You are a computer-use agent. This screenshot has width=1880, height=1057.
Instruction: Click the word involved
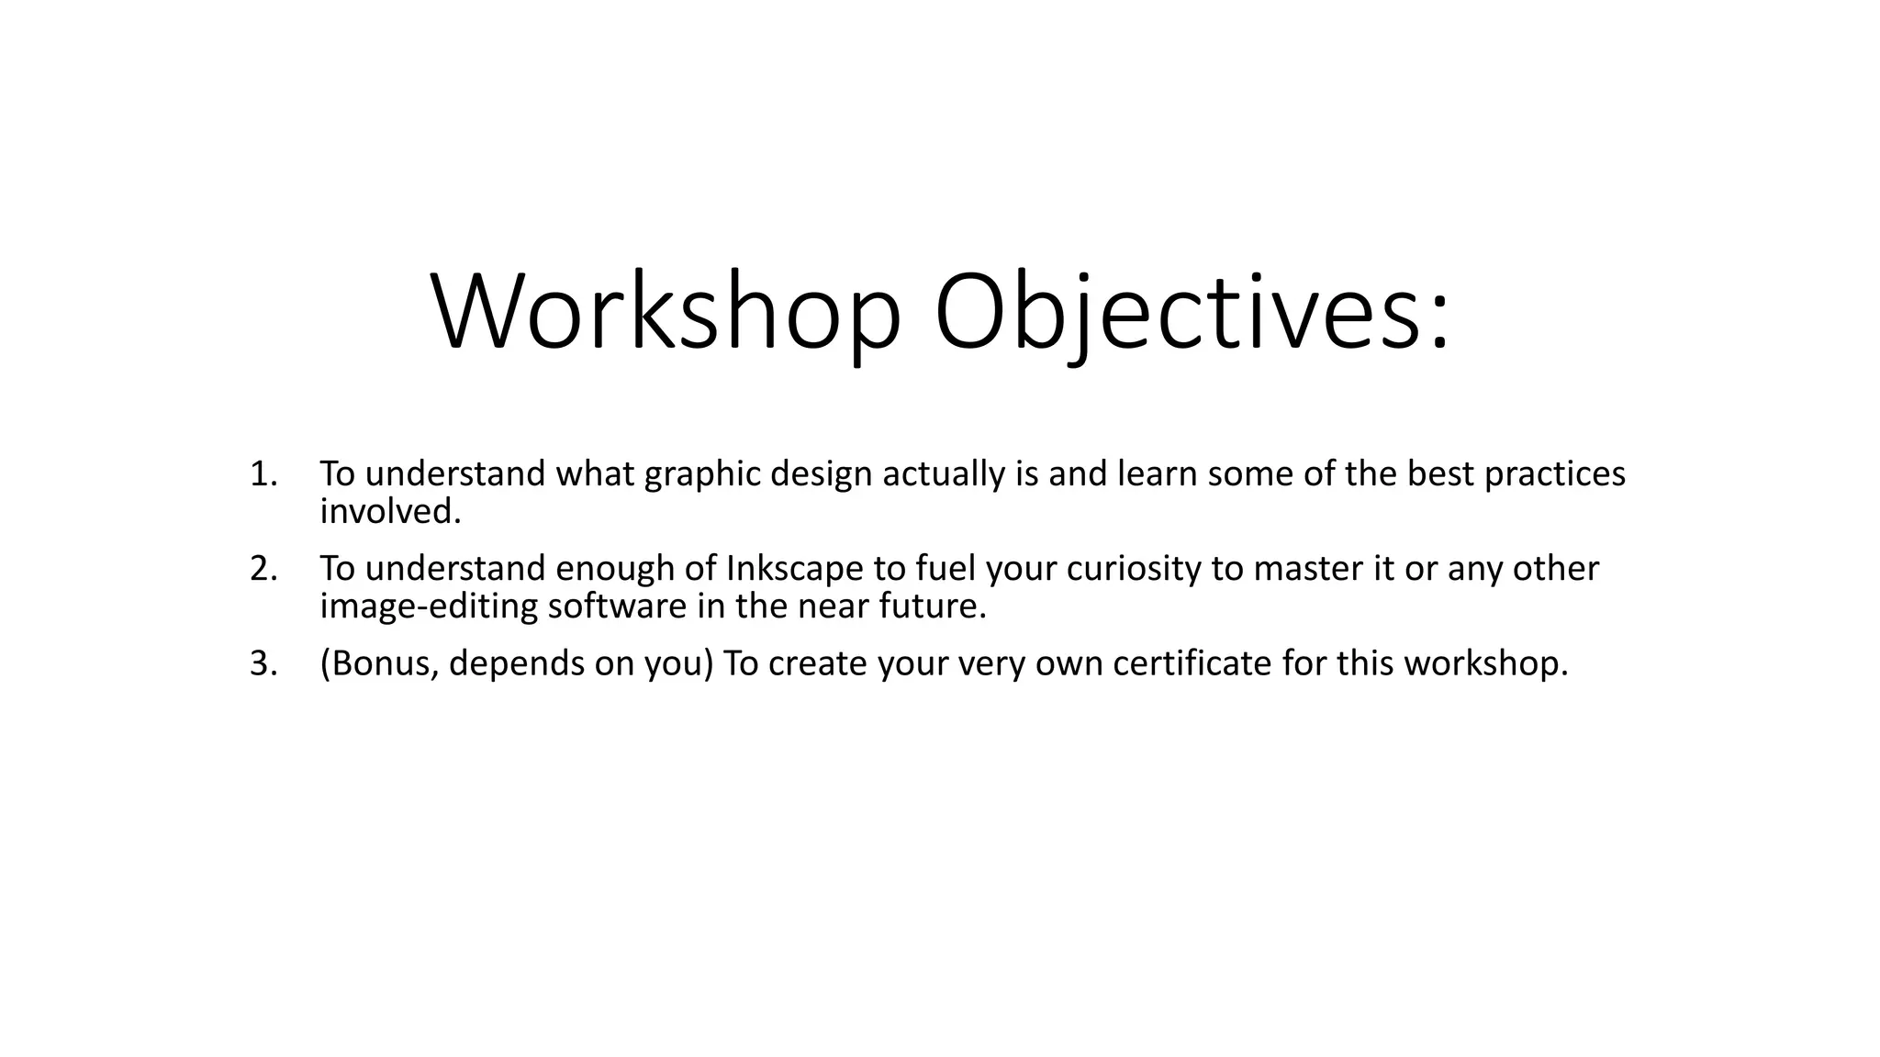(x=389, y=512)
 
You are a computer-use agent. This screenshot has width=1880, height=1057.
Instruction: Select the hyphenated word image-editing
(x=428, y=607)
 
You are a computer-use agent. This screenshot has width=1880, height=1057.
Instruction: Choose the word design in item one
(x=821, y=474)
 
